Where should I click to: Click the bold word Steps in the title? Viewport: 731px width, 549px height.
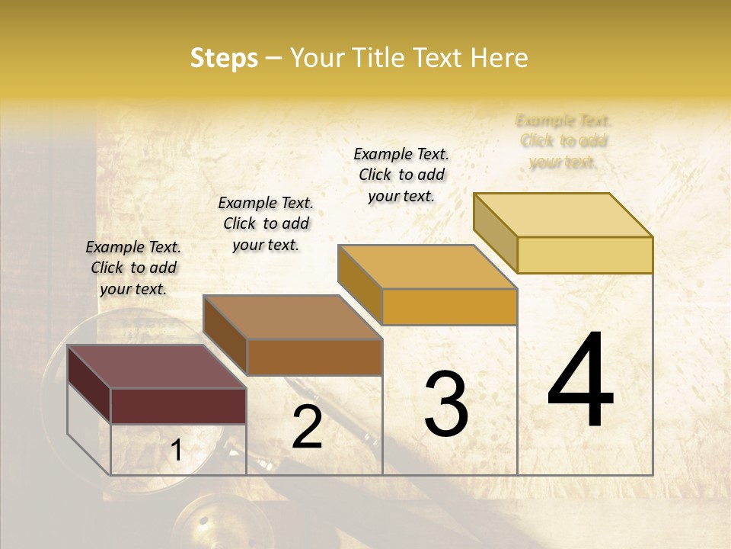pyautogui.click(x=224, y=58)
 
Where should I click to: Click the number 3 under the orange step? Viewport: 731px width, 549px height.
pyautogui.click(x=446, y=404)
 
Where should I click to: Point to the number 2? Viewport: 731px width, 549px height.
pyautogui.click(x=308, y=428)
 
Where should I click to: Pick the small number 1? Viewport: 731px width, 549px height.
pyautogui.click(x=176, y=451)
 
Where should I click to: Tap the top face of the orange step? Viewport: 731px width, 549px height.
pyautogui.click(x=428, y=267)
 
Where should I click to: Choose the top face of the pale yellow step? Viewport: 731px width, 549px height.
pyautogui.click(x=563, y=215)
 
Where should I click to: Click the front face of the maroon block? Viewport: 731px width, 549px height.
pyautogui.click(x=178, y=406)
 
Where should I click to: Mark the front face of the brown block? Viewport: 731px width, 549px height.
pyautogui.click(x=314, y=357)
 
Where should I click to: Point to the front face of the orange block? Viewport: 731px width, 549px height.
pyautogui.click(x=449, y=307)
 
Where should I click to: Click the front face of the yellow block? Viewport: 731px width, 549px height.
pyautogui.click(x=585, y=255)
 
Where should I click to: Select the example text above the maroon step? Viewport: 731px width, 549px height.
pyautogui.click(x=133, y=268)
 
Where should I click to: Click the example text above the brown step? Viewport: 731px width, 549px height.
pyautogui.click(x=266, y=223)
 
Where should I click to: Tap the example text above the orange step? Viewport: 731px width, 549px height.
pyautogui.click(x=401, y=175)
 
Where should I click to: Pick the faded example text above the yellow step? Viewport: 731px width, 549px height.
pyautogui.click(x=563, y=141)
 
